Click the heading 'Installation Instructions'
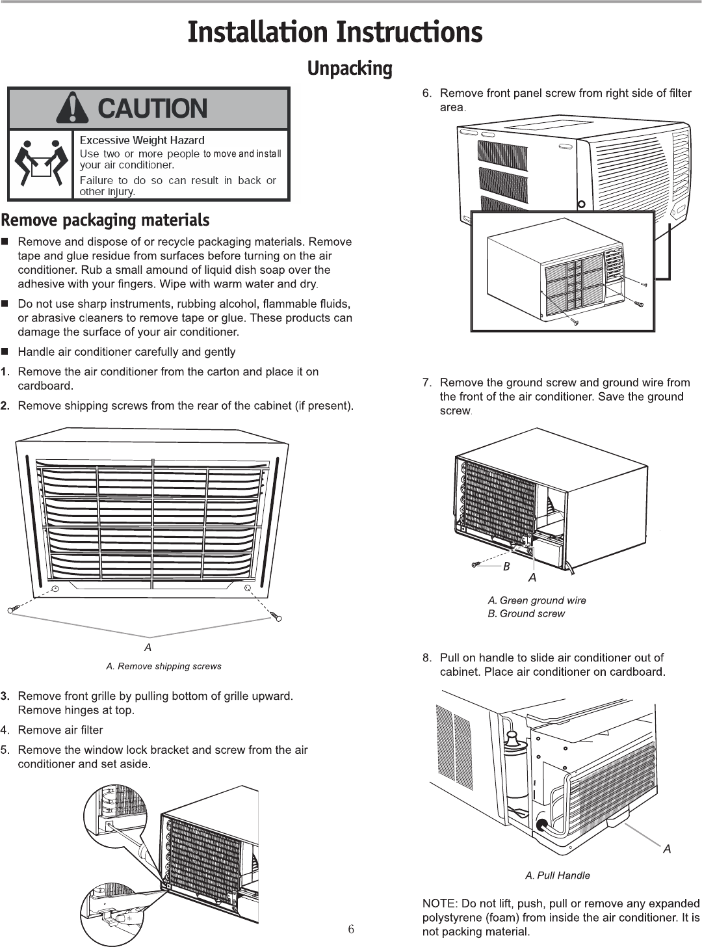pos(335,33)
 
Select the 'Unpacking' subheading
pos(350,68)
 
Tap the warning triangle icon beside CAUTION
pos(73,109)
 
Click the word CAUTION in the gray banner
pos(152,109)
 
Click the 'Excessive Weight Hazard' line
pos(142,140)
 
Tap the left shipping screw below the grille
pos(15,609)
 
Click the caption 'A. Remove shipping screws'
pos(164,666)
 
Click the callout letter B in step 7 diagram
pos(506,567)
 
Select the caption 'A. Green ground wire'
pos(537,600)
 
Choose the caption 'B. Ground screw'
pos(526,613)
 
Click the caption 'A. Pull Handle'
pos(558,875)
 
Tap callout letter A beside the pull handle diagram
pos(667,849)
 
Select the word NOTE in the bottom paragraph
pos(438,903)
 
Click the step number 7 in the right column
pos(426,382)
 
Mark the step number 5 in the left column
pos(5,750)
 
